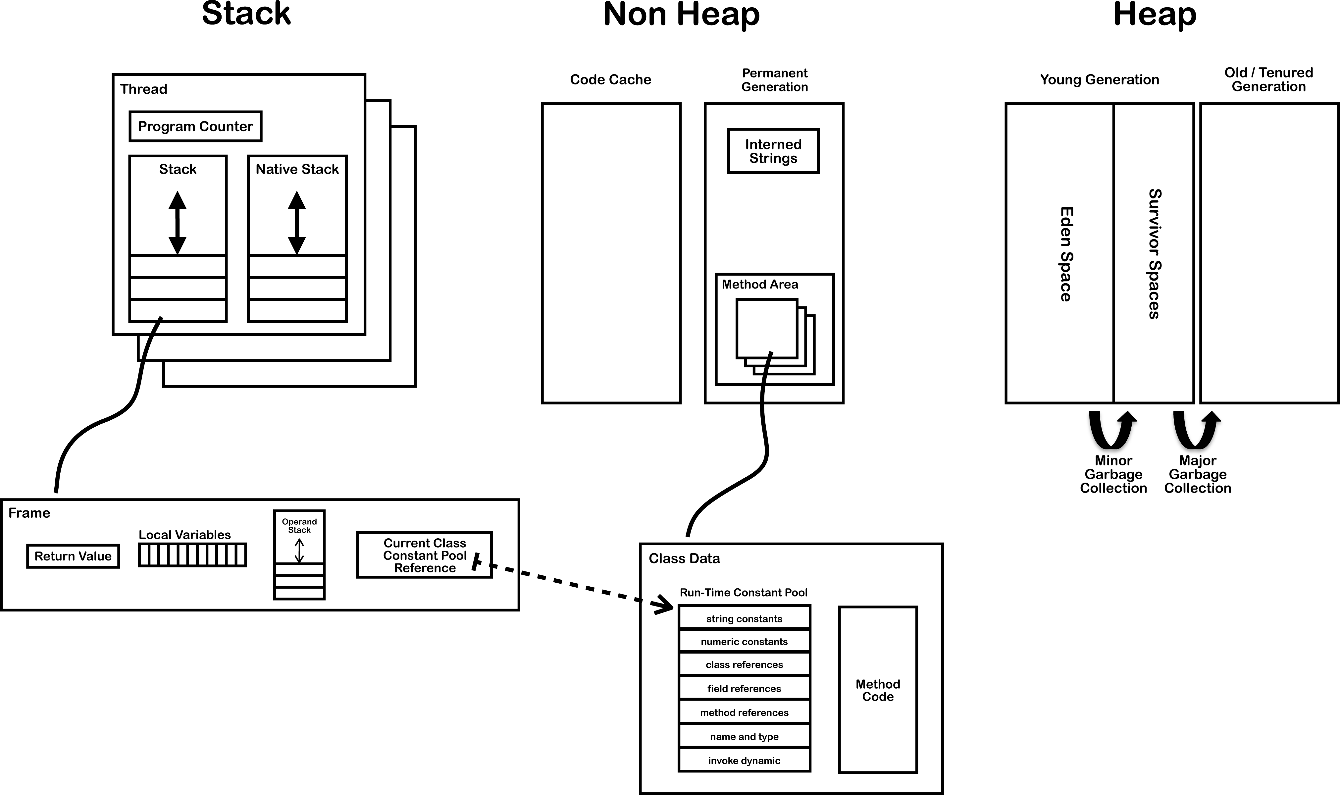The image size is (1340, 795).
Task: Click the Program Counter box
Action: [195, 127]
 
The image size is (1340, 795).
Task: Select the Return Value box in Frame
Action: [73, 556]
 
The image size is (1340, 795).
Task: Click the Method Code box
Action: [877, 690]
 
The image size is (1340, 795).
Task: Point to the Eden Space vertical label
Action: [1066, 254]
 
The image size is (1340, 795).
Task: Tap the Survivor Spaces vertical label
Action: [1154, 254]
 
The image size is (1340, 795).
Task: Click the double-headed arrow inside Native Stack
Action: [297, 223]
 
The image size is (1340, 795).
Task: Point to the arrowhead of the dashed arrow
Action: [664, 607]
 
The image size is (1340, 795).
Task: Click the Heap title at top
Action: [1155, 15]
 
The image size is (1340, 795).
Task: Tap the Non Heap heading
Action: [681, 15]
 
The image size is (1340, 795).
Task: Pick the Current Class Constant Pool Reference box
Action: [424, 555]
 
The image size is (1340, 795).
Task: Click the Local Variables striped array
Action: [192, 555]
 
